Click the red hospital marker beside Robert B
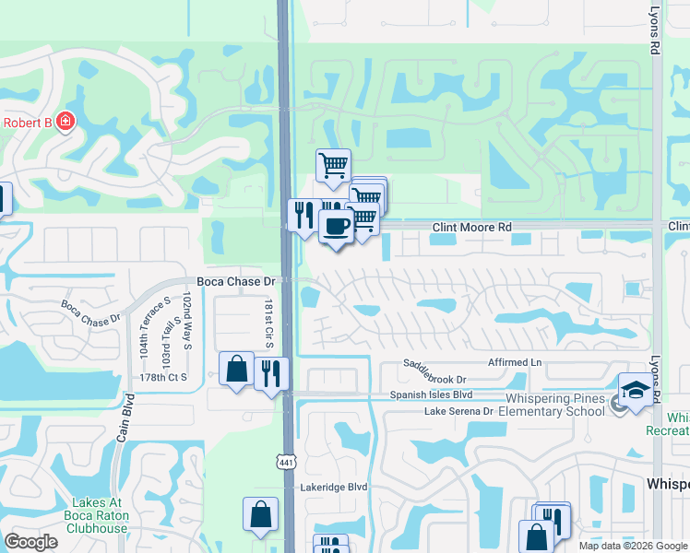[65, 122]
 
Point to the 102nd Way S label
[187, 320]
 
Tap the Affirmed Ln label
[503, 362]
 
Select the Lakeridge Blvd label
[333, 486]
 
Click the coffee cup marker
[336, 226]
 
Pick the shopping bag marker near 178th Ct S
[237, 370]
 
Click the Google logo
[30, 542]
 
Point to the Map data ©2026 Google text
[633, 546]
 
